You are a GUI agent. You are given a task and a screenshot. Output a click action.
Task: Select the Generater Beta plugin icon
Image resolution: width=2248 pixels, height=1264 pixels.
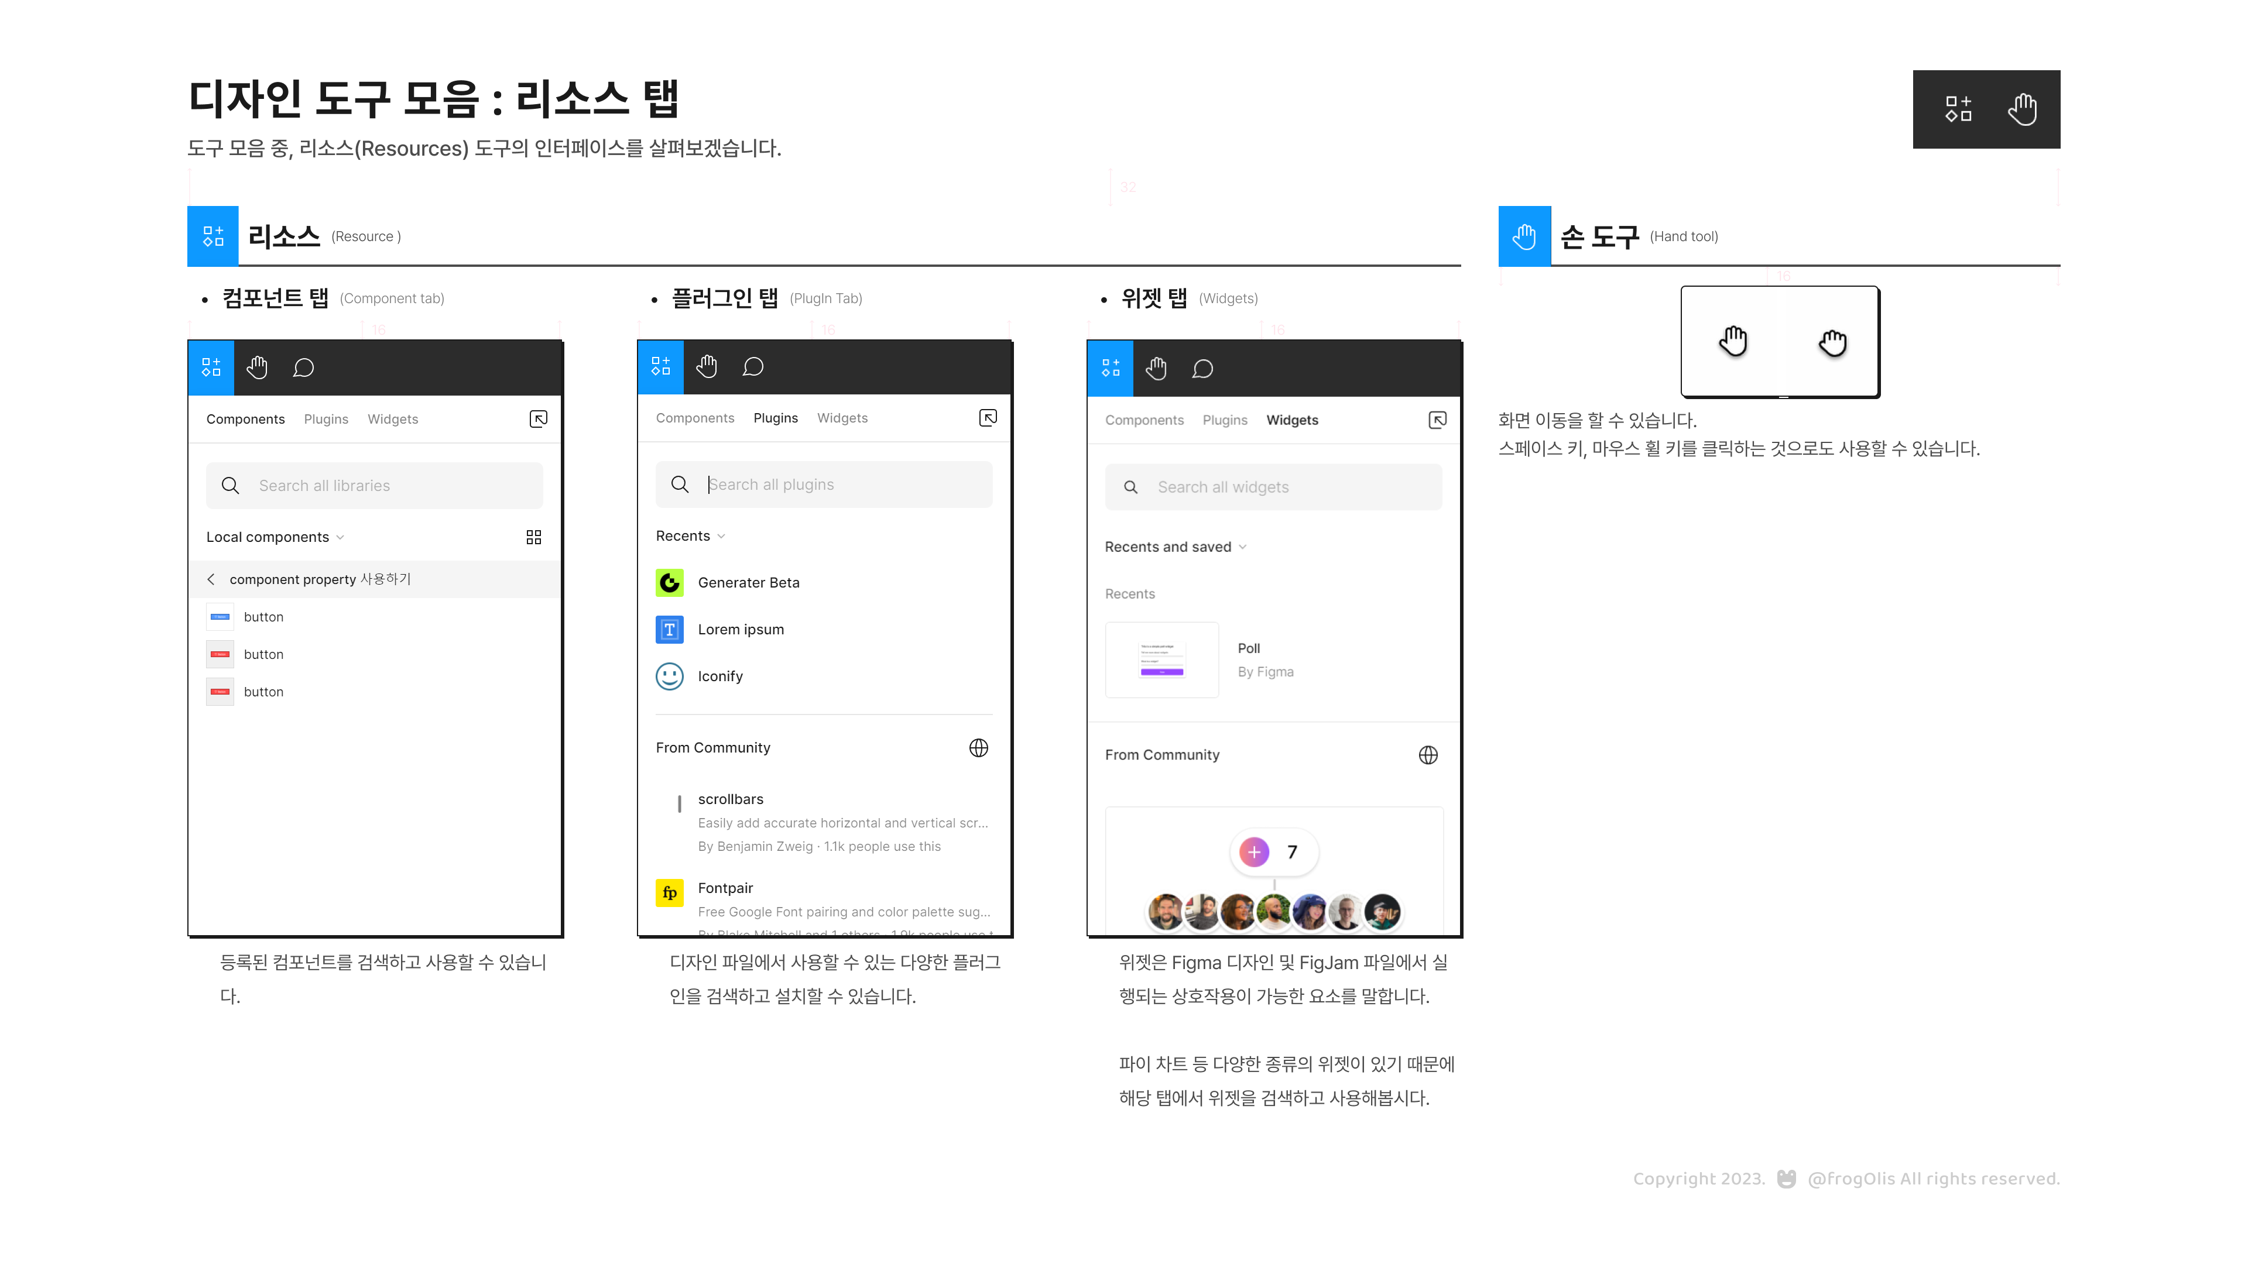(669, 583)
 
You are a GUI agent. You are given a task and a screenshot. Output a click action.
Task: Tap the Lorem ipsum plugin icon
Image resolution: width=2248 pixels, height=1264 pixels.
(669, 630)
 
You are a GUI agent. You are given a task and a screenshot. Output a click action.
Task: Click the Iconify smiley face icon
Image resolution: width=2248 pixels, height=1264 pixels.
(669, 676)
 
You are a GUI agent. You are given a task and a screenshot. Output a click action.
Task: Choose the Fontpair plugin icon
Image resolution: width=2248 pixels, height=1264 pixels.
(669, 892)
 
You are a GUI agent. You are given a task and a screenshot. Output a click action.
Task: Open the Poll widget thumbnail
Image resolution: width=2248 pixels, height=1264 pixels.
(1161, 660)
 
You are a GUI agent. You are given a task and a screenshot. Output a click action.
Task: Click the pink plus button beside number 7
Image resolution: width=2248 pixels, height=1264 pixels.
(1254, 852)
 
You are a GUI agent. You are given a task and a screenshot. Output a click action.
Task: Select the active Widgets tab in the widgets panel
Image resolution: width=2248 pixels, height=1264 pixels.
(1291, 421)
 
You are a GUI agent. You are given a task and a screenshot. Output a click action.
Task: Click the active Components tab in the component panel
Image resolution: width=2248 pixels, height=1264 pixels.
(245, 420)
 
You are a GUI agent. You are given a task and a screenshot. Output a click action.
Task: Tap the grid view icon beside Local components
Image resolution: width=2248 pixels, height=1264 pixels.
(534, 537)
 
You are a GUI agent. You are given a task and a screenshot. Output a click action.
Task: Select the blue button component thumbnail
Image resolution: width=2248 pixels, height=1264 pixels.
(220, 617)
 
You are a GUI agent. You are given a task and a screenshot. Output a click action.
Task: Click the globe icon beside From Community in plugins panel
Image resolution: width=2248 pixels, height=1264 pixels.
(978, 748)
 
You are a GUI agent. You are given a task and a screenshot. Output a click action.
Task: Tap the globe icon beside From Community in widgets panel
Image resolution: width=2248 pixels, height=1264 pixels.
(1428, 755)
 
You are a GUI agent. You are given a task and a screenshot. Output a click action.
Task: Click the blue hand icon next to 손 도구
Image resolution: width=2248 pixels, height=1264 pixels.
(1524, 236)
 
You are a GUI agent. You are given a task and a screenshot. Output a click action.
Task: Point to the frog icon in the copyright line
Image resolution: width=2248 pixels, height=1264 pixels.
(1786, 1179)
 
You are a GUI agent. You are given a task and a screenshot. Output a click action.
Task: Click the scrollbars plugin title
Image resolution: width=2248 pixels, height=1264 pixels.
(731, 799)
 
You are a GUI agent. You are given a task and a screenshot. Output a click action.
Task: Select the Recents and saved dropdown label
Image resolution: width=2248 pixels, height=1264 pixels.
(1168, 547)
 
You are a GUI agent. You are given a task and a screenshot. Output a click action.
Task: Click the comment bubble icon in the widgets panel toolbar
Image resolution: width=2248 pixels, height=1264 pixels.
(1202, 369)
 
